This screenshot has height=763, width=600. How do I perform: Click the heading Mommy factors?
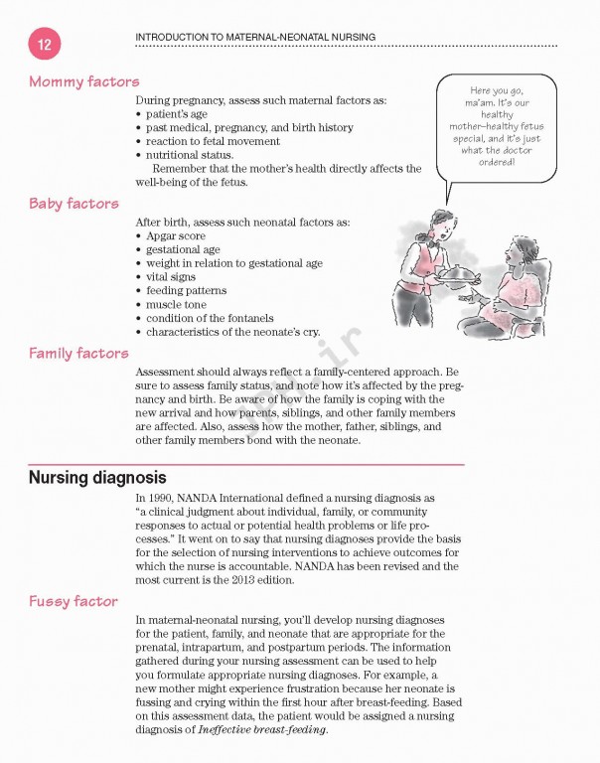point(83,81)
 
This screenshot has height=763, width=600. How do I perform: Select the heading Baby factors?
point(74,204)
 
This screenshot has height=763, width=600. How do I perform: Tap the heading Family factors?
point(78,353)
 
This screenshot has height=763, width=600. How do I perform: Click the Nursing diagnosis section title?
point(96,477)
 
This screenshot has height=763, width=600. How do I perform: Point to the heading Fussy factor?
point(73,601)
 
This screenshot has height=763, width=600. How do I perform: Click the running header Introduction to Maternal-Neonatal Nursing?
point(254,37)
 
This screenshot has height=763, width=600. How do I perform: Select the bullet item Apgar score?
point(176,236)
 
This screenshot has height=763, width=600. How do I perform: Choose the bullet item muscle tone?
point(178,304)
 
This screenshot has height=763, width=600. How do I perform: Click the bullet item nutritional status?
point(190,155)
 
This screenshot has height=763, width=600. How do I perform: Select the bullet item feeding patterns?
point(186,291)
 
